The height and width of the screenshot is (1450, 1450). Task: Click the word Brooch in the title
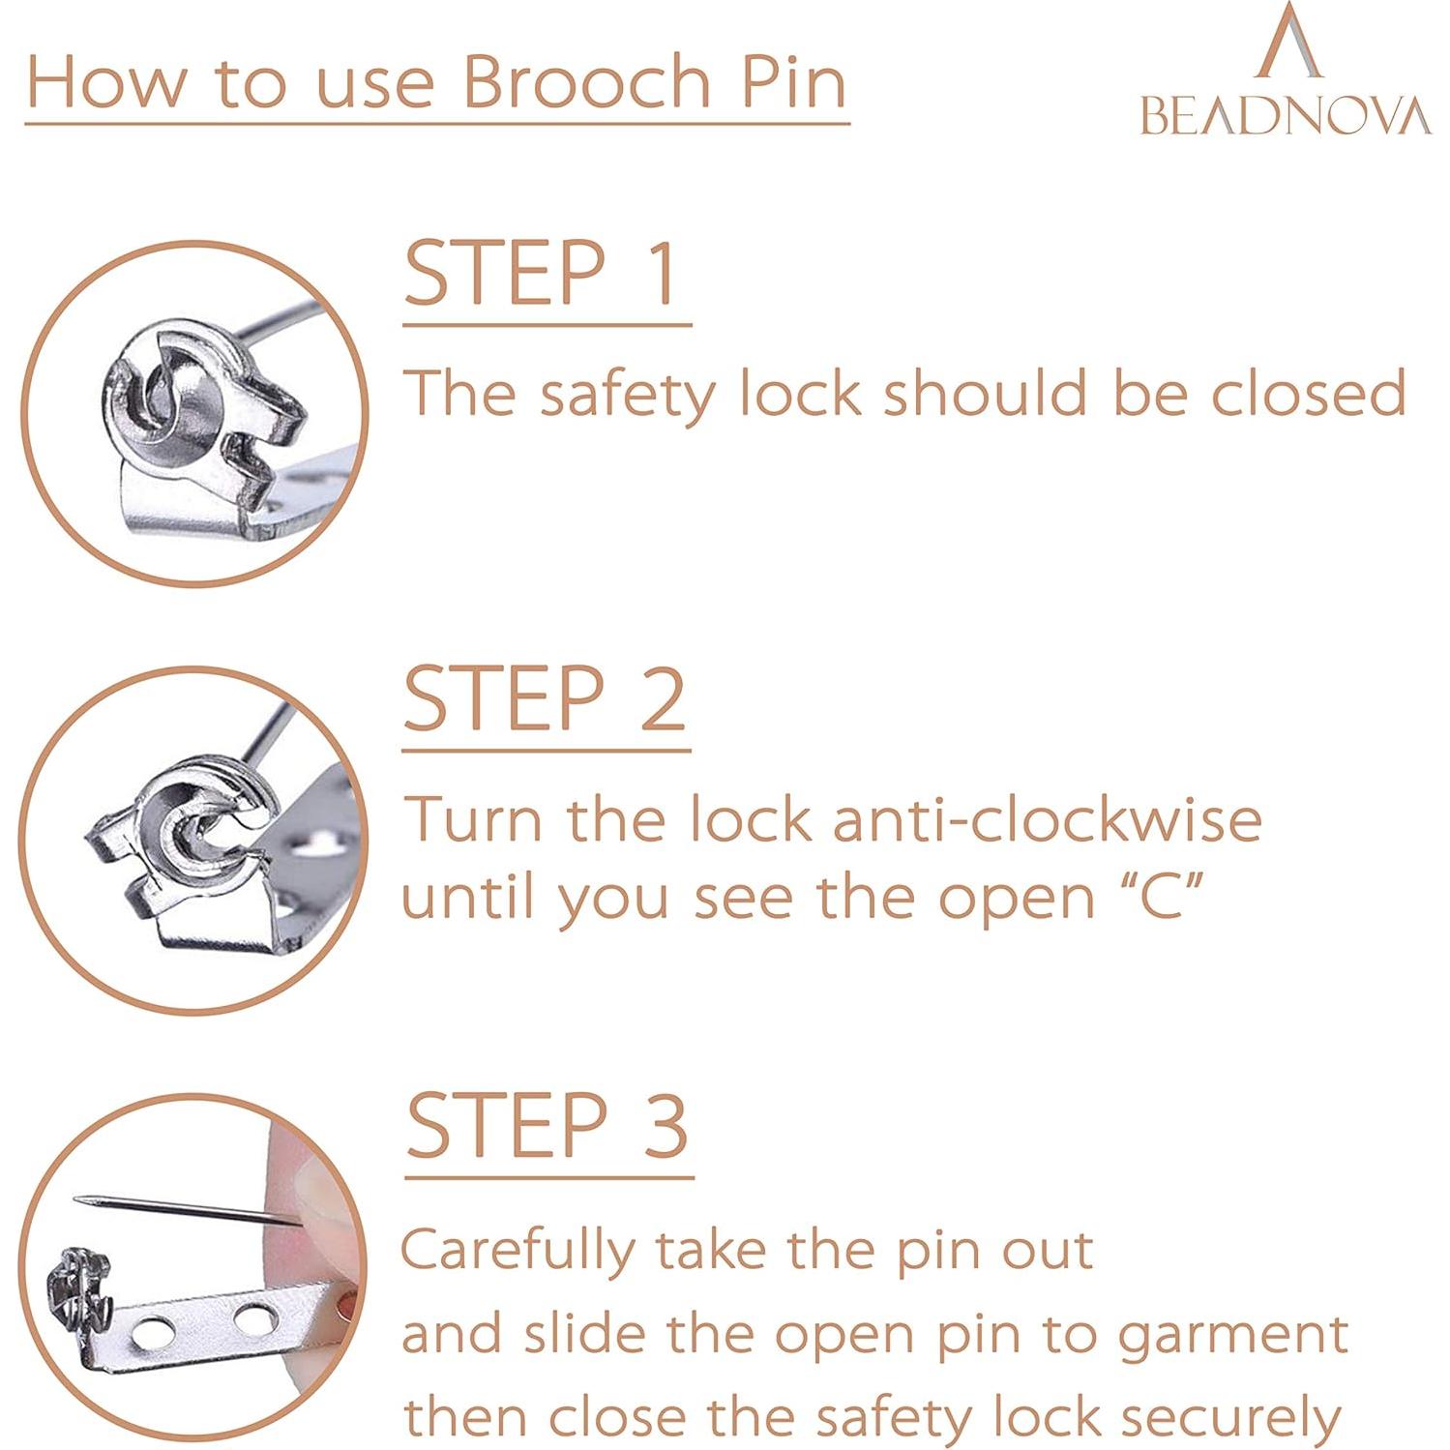point(586,82)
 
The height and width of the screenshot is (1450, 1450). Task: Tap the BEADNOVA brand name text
point(1285,116)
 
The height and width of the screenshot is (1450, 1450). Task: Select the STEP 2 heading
point(544,699)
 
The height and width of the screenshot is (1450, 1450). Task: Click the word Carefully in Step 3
point(518,1251)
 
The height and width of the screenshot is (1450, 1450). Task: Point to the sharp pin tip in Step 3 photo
point(79,1199)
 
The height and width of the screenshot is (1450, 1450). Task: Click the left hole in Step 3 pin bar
point(151,1334)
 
